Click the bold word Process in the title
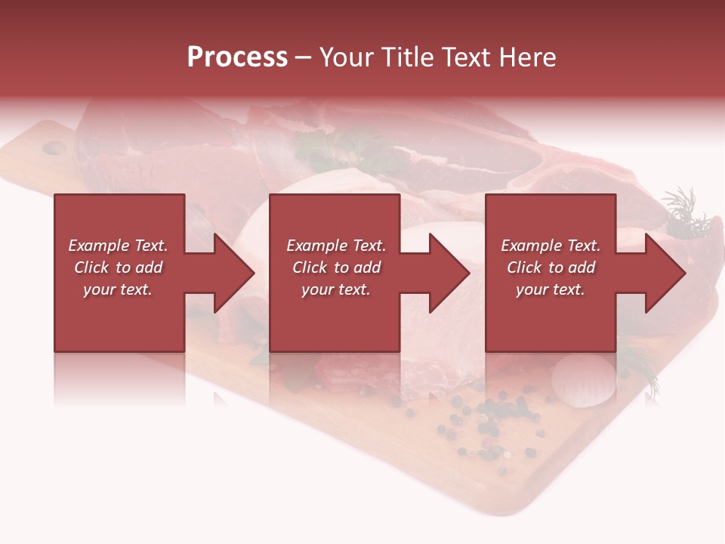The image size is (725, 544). click(x=237, y=57)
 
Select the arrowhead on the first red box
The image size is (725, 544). click(x=227, y=273)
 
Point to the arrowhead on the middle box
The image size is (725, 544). click(x=443, y=273)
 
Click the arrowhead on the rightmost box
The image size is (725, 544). click(x=659, y=273)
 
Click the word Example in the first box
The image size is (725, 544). click(x=98, y=246)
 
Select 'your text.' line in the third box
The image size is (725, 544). click(x=550, y=289)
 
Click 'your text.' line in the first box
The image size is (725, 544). click(x=118, y=289)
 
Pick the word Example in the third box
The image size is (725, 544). click(x=531, y=246)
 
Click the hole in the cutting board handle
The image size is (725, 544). click(x=54, y=148)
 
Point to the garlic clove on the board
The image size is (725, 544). click(x=584, y=378)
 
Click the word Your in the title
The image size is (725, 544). click(x=347, y=57)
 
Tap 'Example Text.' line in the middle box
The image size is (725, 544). click(x=335, y=246)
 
